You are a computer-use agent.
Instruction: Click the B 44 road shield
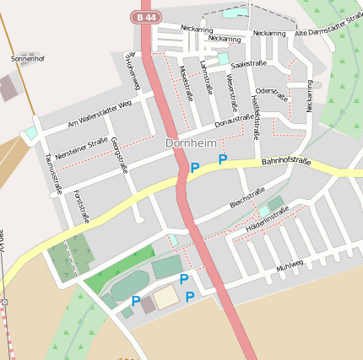coord(145,17)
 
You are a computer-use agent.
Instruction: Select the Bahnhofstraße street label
coord(286,161)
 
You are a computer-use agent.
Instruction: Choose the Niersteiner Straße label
coord(80,150)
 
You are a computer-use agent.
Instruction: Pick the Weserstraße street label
coord(230,92)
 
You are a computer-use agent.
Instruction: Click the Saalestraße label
coord(248,63)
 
